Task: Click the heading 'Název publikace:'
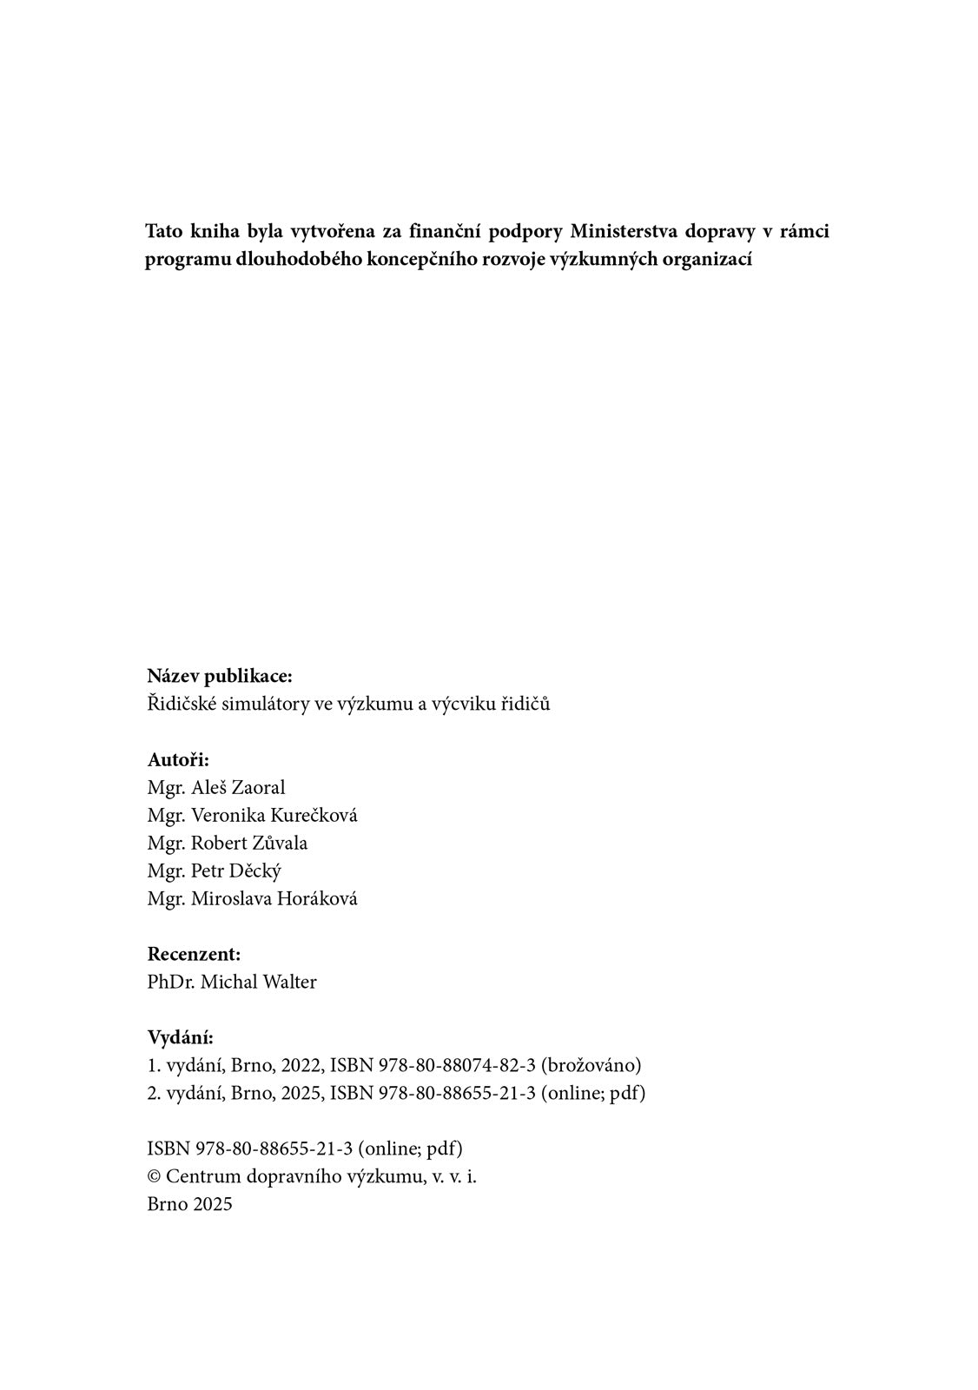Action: [x=220, y=676]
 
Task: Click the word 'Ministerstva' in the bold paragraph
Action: [x=622, y=232]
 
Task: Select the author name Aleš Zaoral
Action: [x=238, y=787]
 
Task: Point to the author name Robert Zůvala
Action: [x=249, y=843]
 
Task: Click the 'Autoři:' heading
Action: [x=178, y=759]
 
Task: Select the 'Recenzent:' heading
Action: [x=194, y=954]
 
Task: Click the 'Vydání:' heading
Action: [x=180, y=1037]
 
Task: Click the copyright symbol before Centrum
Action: [x=155, y=1176]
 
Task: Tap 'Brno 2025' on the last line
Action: [x=189, y=1204]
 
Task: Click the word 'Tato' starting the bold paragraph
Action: [x=163, y=232]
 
